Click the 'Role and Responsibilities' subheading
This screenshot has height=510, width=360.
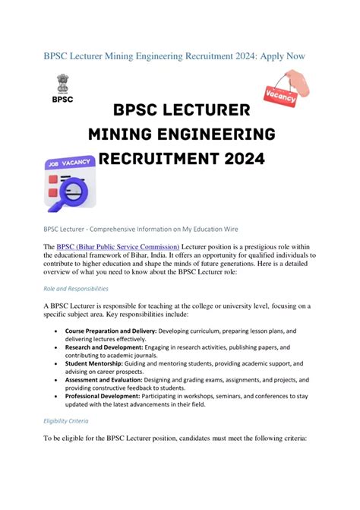pos(76,289)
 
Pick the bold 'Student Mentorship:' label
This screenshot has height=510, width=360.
pos(96,363)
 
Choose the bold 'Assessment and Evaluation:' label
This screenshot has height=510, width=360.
pos(109,379)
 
